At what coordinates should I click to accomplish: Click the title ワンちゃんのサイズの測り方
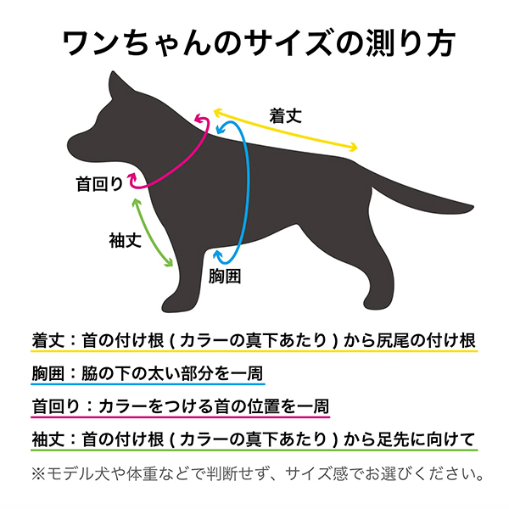click(x=254, y=42)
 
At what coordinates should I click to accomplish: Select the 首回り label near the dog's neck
click(x=98, y=182)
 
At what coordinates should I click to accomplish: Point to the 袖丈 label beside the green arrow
click(x=124, y=240)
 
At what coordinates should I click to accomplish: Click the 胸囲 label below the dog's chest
click(x=225, y=276)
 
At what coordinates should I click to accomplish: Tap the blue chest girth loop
click(x=247, y=191)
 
